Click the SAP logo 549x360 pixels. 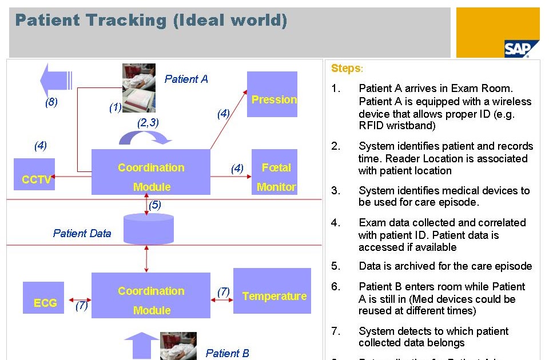[521, 49]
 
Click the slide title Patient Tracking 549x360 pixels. [151, 21]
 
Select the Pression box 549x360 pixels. [272, 94]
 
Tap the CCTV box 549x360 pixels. [34, 175]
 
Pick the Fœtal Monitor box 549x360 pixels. [274, 172]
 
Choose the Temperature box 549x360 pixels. [272, 291]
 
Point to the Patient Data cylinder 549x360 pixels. [148, 229]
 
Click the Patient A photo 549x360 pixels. [138, 87]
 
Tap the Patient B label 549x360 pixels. [227, 353]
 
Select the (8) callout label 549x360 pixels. [51, 103]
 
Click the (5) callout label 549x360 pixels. [155, 204]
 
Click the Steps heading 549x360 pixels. [346, 69]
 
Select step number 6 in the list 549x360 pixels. [336, 286]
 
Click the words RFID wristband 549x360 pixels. [397, 126]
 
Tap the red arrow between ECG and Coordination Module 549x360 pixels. [79, 299]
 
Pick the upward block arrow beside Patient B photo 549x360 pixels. [141, 346]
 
